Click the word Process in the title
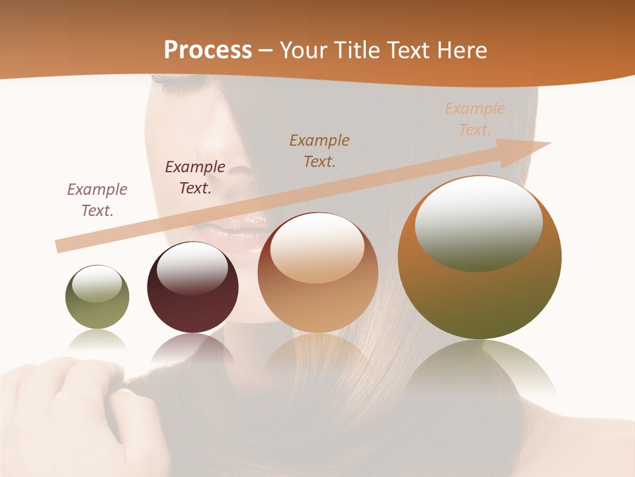pyautogui.click(x=208, y=50)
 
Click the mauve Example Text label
pyautogui.click(x=97, y=200)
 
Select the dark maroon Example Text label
pyautogui.click(x=195, y=178)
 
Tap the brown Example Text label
pyautogui.click(x=319, y=150)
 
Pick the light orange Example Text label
pyautogui.click(x=475, y=119)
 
